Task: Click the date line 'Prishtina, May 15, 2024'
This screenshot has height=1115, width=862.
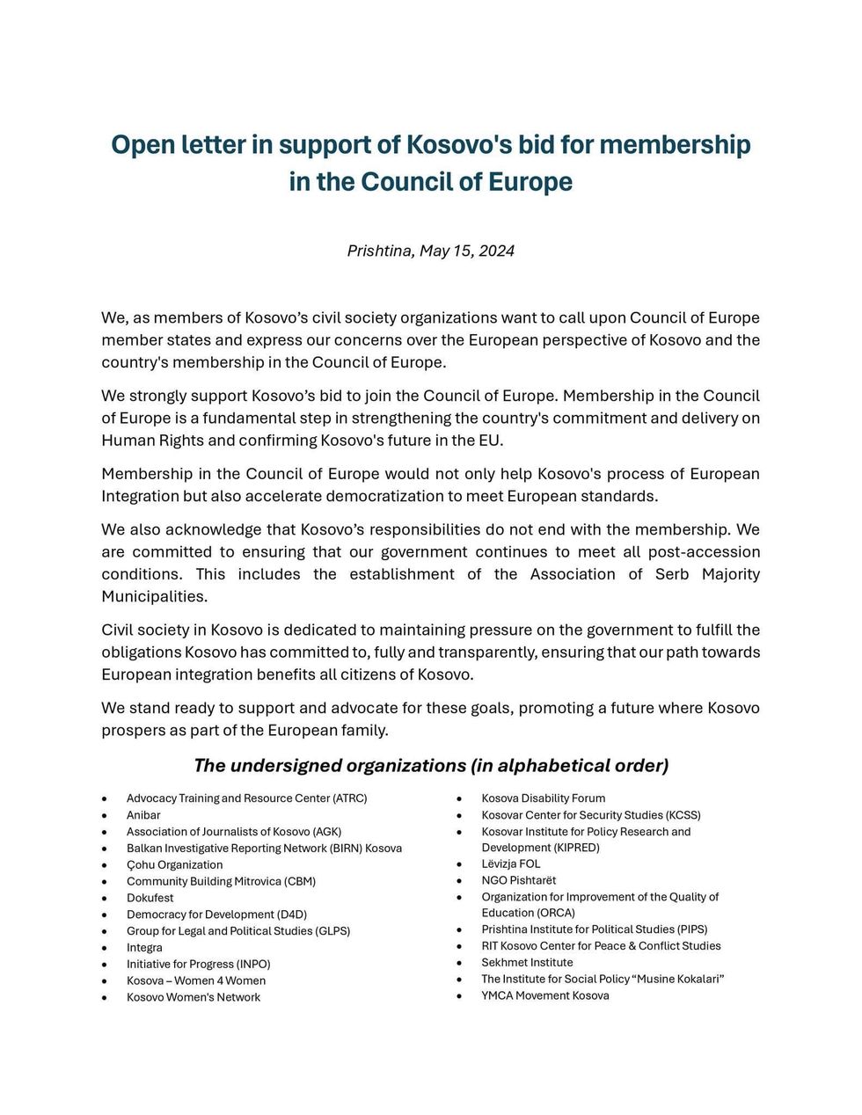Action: pos(430,251)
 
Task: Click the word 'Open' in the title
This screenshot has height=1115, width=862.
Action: pos(141,144)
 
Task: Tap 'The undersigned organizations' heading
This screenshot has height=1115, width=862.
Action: pos(430,765)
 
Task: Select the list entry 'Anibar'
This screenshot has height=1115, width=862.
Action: pos(143,815)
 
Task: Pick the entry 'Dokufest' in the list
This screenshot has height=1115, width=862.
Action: pos(150,898)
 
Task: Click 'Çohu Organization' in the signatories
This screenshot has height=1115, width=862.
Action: pos(174,864)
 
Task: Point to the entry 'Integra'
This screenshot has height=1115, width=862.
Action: pos(144,948)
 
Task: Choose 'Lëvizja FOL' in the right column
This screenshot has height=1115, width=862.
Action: pos(510,864)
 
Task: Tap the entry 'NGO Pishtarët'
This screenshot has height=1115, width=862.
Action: pos(518,880)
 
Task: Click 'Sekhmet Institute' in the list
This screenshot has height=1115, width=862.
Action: pos(527,962)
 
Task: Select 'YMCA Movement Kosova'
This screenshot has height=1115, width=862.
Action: pos(544,995)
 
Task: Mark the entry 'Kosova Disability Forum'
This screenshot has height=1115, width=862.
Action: pos(543,798)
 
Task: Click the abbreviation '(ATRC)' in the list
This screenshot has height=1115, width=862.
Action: pos(349,798)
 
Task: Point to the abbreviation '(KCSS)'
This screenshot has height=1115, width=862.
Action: pos(683,815)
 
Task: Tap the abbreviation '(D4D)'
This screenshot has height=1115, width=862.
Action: pos(291,915)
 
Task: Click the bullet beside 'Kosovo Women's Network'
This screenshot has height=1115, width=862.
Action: pos(105,998)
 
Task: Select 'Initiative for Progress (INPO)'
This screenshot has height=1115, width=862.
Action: pos(198,964)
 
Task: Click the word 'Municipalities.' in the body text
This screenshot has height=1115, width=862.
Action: pos(155,596)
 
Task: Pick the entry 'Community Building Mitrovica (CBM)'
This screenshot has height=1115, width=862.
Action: pos(221,881)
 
